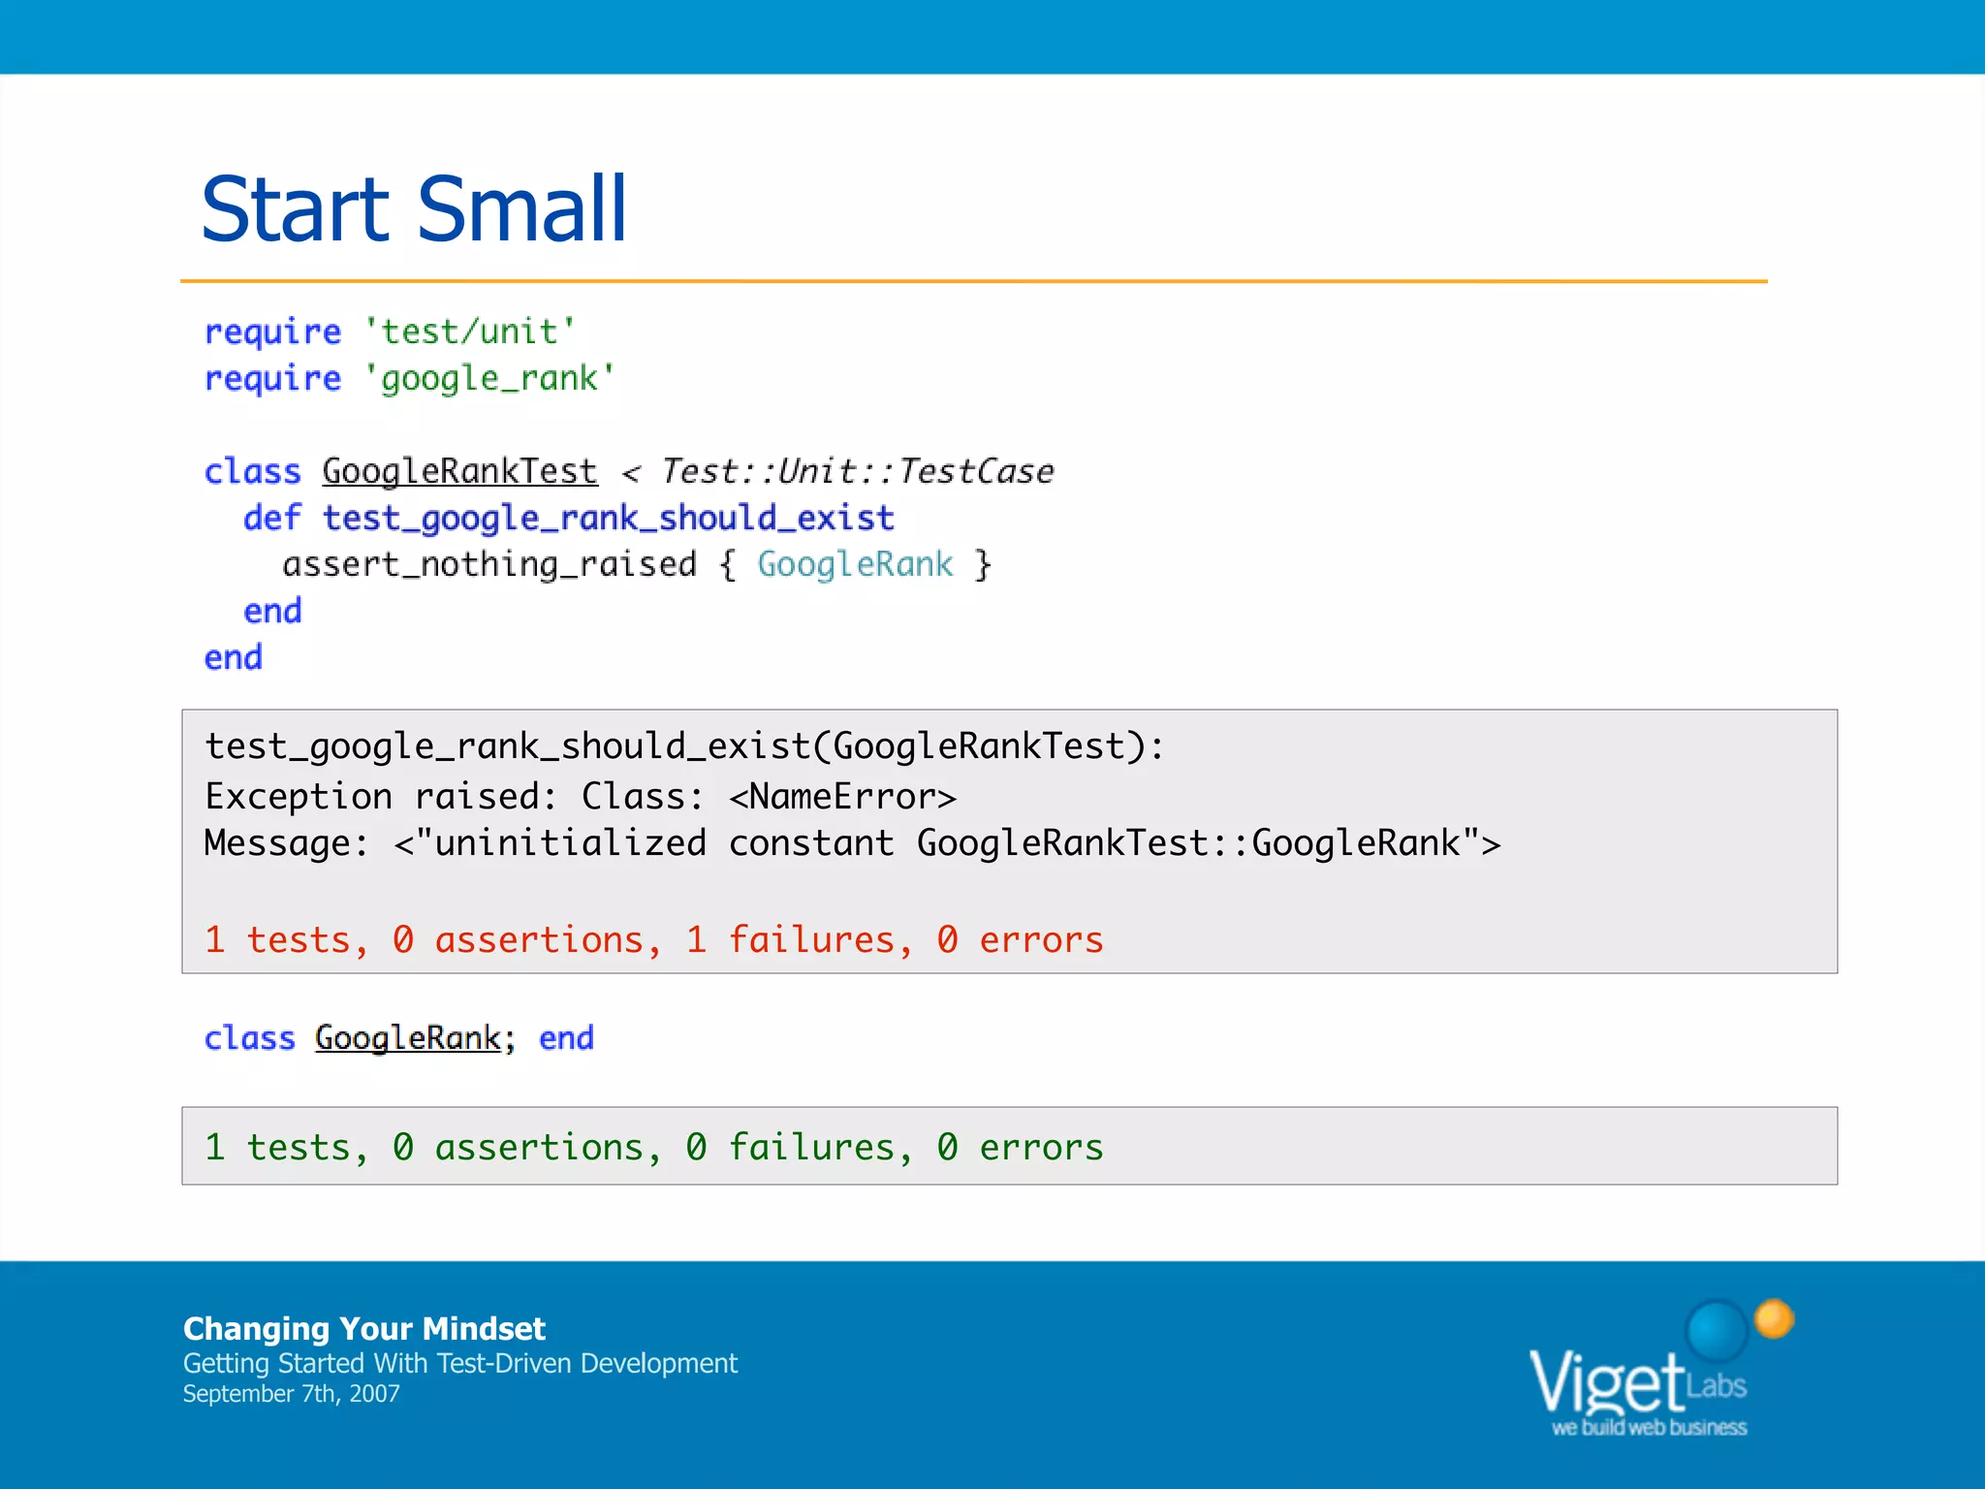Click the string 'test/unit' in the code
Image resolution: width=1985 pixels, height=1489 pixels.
(470, 333)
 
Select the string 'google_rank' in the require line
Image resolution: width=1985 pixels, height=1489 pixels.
(489, 379)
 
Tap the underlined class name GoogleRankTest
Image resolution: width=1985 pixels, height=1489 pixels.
(459, 472)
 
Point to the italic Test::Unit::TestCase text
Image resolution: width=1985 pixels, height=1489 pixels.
(857, 472)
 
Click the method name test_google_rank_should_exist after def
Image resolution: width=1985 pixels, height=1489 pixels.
(608, 519)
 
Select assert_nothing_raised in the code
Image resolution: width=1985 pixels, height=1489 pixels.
(489, 565)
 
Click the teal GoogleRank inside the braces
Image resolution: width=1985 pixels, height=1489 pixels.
(855, 565)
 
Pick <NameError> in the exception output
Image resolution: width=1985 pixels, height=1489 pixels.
(842, 797)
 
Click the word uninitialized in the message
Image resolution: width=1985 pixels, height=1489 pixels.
(570, 843)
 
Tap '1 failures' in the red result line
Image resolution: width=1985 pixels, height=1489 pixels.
(790, 940)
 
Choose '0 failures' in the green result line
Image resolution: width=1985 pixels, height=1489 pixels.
(790, 1148)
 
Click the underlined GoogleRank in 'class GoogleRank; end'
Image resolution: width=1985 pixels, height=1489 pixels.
(408, 1038)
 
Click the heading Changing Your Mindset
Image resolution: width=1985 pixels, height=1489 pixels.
(364, 1328)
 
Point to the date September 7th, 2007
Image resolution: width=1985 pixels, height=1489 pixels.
(291, 1394)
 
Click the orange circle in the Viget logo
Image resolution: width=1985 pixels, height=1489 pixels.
(1774, 1318)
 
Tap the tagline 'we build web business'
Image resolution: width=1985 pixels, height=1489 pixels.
(1649, 1428)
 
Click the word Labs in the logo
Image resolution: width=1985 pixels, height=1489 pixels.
(1716, 1386)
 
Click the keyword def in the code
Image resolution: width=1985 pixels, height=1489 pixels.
(272, 519)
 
